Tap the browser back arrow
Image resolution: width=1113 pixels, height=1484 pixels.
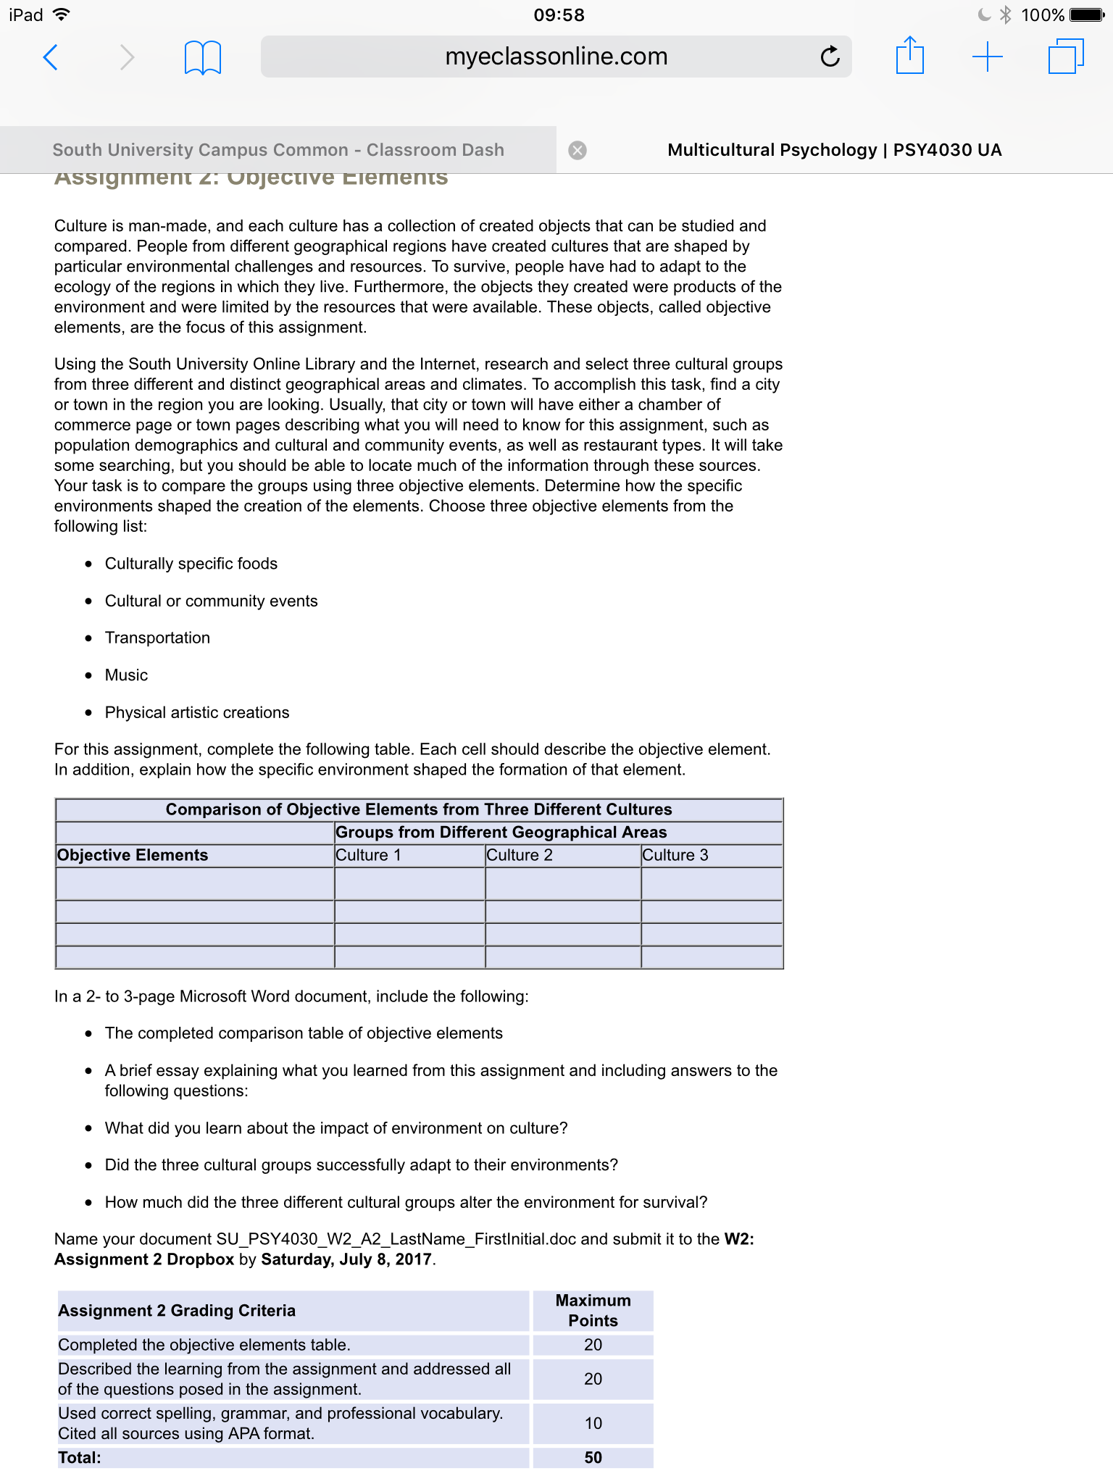pos(51,57)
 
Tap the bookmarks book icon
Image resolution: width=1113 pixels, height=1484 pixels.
pos(202,57)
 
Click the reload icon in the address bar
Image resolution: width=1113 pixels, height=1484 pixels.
pos(830,57)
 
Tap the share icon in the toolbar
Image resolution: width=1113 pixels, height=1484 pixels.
pos(909,56)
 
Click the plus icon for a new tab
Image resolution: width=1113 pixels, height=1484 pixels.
pos(987,57)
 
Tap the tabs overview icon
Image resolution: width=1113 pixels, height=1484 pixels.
pos(1065,57)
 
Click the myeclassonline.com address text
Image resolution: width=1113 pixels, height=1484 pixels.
pos(556,57)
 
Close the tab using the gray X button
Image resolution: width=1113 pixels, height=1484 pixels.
pos(578,150)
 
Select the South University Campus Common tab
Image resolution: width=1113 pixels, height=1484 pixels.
pos(278,150)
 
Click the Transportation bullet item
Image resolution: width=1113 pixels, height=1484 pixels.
pos(157,638)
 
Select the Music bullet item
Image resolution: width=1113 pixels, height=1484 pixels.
pos(126,675)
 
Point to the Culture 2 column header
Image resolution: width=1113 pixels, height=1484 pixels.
pos(520,855)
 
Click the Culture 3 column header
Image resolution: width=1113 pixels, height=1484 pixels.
pos(675,855)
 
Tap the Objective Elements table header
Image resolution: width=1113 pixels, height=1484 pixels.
pos(133,855)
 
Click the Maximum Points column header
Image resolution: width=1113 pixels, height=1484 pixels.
pos(593,1310)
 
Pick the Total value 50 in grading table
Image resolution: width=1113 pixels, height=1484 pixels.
pos(593,1458)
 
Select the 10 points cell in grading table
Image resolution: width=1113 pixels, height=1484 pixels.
pos(593,1423)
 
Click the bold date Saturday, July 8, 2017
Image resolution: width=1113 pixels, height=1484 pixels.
pos(346,1259)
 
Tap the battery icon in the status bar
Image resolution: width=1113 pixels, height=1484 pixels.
pos(1087,14)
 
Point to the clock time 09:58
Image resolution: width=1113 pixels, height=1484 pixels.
pos(559,14)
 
